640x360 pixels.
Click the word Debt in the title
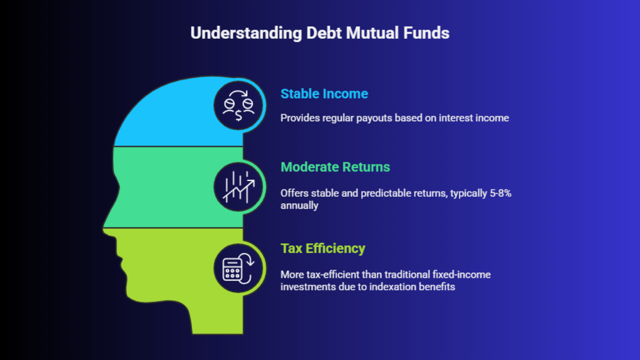(x=324, y=33)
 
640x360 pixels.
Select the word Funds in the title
(x=426, y=33)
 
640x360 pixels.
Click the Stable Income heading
(x=324, y=94)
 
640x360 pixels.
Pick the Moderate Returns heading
(x=335, y=167)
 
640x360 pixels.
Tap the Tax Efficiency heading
(x=323, y=248)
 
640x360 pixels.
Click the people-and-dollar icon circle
(x=238, y=106)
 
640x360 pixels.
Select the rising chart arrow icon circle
(x=238, y=187)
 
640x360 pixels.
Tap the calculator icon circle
(x=238, y=268)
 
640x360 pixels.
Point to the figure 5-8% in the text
(x=500, y=194)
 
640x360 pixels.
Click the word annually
(x=300, y=206)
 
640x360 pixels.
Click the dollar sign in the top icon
(x=238, y=116)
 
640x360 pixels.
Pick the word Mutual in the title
(x=372, y=33)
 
